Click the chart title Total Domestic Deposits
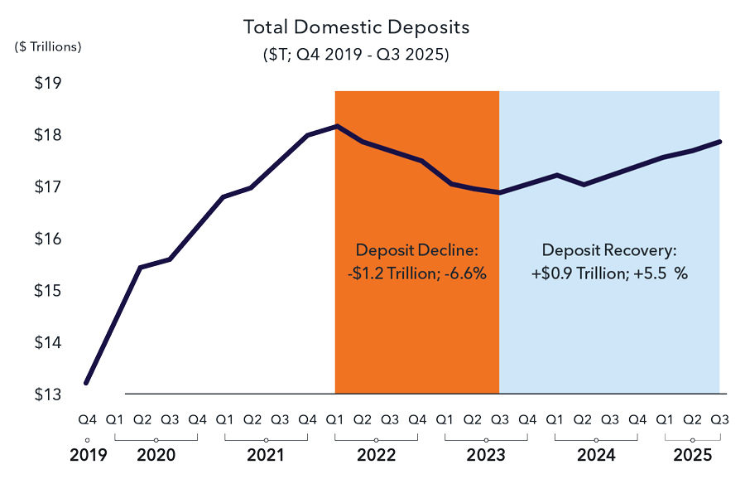click(x=356, y=27)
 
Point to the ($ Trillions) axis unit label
click(x=48, y=46)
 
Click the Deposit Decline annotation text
click(x=416, y=261)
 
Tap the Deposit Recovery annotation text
click(x=609, y=261)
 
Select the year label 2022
click(x=376, y=455)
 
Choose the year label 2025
click(x=692, y=455)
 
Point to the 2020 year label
click(x=156, y=455)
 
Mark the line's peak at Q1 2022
click(x=335, y=126)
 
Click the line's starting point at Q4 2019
click(x=86, y=383)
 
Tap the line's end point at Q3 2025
click(x=719, y=142)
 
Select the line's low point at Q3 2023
click(x=499, y=192)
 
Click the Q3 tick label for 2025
click(x=719, y=419)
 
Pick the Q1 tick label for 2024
click(x=555, y=419)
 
